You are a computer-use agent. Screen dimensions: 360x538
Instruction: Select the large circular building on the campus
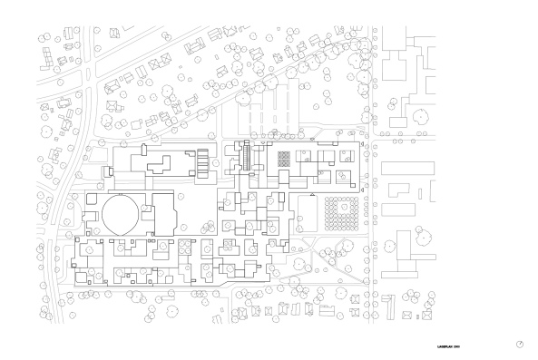click(x=120, y=216)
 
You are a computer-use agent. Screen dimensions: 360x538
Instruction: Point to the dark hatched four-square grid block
click(x=284, y=156)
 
